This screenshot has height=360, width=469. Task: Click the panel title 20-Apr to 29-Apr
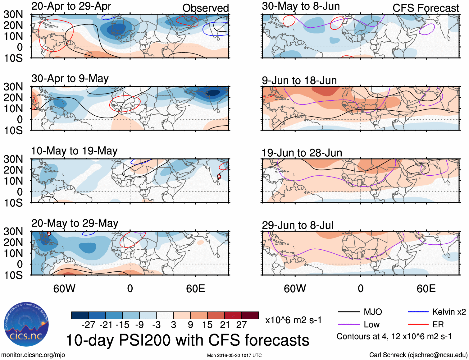[x=71, y=6]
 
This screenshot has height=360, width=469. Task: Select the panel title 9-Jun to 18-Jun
[x=299, y=81]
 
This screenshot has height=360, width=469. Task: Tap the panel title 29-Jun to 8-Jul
[x=298, y=225]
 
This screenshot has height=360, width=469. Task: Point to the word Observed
[x=205, y=8]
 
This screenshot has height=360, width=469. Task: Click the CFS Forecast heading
[x=426, y=8]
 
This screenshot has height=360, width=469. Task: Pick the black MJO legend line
[x=348, y=312]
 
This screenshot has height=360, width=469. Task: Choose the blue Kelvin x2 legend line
[x=418, y=312]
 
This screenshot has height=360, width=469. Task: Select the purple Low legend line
[x=348, y=325]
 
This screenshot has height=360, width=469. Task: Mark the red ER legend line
[x=418, y=325]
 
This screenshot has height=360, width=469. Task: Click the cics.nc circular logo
[x=26, y=324]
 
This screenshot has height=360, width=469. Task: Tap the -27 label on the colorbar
[x=88, y=325]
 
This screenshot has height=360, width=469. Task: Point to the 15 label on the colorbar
[x=207, y=325]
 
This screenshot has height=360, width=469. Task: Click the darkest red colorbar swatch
[x=250, y=315]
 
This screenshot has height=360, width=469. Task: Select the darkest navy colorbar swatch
[x=80, y=315]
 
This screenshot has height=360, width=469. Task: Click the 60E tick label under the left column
[x=195, y=288]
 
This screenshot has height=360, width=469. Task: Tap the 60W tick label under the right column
[x=295, y=288]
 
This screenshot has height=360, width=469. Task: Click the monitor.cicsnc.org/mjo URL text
[x=33, y=355]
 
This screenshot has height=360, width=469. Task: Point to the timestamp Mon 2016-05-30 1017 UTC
[x=234, y=355]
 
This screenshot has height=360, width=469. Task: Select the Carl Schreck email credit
[x=418, y=355]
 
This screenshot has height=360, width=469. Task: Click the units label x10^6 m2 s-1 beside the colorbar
[x=293, y=320]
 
